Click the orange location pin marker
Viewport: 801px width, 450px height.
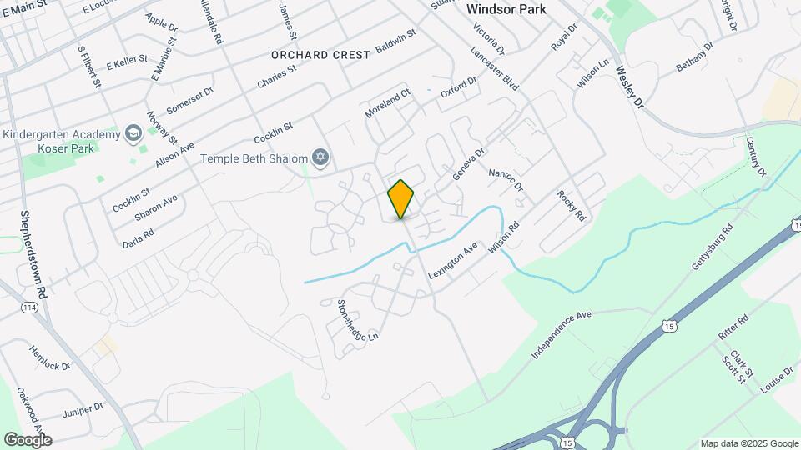[401, 198]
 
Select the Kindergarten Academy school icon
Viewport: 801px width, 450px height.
[133, 133]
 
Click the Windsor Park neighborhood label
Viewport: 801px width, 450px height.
[506, 9]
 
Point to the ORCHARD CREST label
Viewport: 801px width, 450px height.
[320, 55]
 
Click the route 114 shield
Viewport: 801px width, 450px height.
[29, 307]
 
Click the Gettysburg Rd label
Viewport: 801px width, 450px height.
[712, 246]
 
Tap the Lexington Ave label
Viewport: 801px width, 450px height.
[453, 261]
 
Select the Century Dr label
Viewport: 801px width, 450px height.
[755, 157]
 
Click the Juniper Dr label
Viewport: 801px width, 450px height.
[83, 410]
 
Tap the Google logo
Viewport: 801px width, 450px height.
[28, 439]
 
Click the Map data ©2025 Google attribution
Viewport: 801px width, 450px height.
[748, 443]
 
